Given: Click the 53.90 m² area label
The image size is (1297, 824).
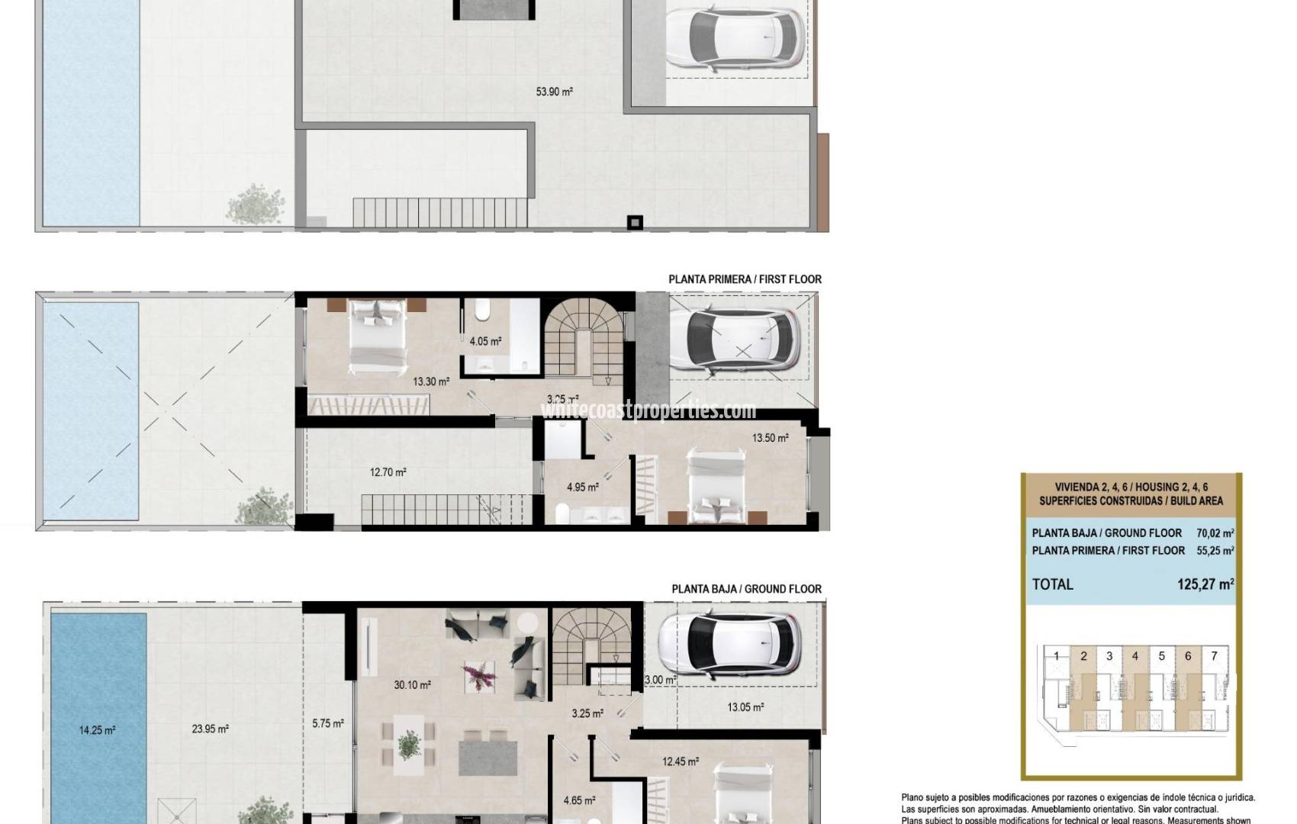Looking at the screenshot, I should (x=554, y=92).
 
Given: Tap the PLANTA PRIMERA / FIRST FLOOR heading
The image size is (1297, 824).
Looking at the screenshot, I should (x=745, y=279).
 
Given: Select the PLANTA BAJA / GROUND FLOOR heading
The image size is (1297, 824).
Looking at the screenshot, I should (x=746, y=589).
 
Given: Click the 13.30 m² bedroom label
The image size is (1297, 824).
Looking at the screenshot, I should (x=431, y=381).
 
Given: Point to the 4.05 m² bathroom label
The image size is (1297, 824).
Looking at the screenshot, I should (x=485, y=342).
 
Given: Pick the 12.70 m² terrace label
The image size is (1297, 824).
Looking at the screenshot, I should (x=388, y=472).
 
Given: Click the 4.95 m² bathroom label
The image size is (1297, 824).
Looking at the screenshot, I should (x=582, y=487).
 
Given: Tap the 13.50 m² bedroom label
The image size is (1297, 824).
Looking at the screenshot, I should (x=770, y=438).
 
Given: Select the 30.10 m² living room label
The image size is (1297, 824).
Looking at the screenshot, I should (x=412, y=685).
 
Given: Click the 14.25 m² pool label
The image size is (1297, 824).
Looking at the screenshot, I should (x=97, y=730).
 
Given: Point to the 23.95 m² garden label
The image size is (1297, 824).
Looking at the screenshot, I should (x=210, y=729).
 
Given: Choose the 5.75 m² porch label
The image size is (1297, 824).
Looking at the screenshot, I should (x=327, y=723).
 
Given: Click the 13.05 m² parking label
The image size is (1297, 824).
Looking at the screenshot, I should (x=745, y=707).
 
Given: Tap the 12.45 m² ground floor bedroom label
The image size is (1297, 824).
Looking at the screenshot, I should (x=681, y=761).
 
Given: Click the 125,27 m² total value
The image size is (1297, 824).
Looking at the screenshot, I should (x=1205, y=584).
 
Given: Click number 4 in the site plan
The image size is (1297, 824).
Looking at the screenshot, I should (x=1135, y=656).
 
